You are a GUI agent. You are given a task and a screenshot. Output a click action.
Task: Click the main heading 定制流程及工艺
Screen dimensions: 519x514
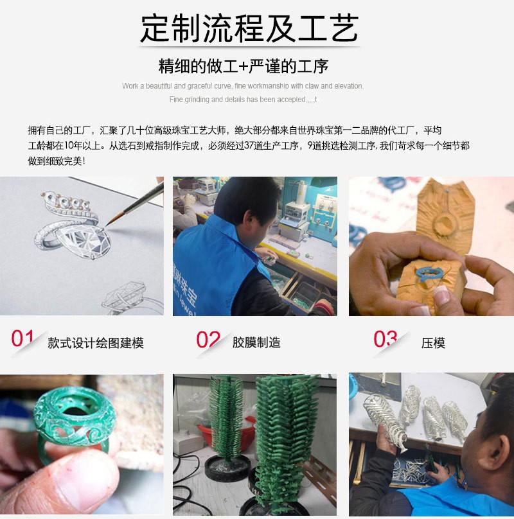(249, 28)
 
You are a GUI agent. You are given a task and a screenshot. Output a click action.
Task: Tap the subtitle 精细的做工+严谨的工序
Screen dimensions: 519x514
(244, 66)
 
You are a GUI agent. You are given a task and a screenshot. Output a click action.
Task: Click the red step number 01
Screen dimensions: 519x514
(23, 339)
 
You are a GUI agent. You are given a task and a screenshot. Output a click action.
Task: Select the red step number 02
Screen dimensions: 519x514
(208, 340)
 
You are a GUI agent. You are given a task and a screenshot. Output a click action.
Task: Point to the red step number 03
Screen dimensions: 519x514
(385, 339)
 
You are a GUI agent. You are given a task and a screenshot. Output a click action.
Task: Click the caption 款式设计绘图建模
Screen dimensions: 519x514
(96, 343)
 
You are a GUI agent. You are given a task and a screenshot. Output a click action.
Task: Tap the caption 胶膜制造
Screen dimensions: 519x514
(256, 343)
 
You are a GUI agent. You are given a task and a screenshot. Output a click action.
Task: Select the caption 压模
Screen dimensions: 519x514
(433, 343)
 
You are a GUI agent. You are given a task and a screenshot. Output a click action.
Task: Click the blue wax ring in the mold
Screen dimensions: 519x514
(425, 272)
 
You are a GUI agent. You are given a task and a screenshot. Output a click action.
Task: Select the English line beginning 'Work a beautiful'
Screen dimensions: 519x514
(243, 86)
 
